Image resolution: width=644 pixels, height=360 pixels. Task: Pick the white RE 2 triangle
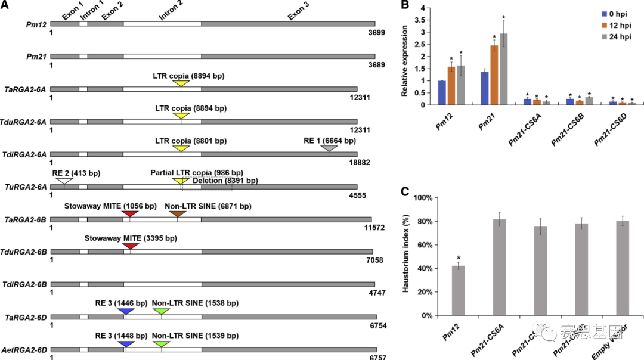click(x=64, y=181)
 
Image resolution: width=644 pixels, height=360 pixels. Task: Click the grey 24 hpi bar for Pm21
click(x=504, y=69)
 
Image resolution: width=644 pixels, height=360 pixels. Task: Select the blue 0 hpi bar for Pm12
click(x=442, y=93)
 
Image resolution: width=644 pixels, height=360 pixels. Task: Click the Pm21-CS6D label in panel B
click(x=605, y=129)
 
